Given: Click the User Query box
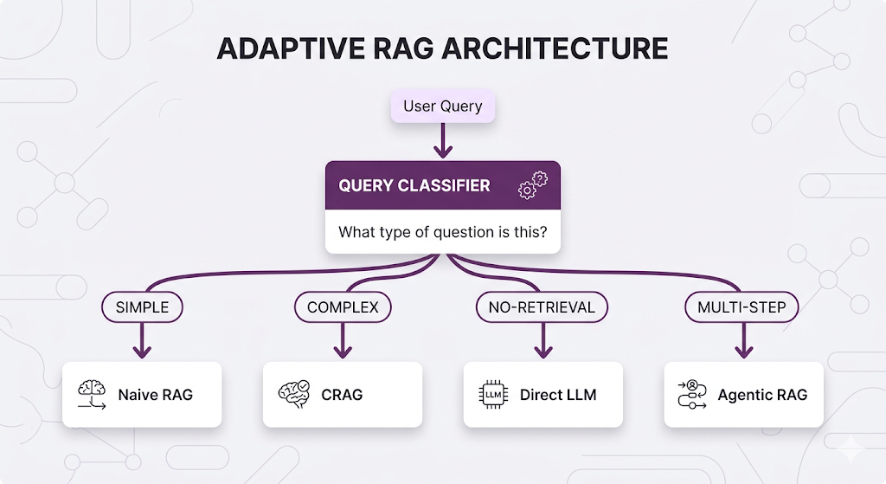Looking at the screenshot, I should click(x=442, y=107).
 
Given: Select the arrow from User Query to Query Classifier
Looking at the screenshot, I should click(x=442, y=141).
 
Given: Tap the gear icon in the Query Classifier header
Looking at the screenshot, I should click(x=532, y=186).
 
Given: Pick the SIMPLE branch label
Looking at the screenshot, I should click(x=142, y=307).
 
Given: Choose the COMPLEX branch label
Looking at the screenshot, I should click(x=343, y=307).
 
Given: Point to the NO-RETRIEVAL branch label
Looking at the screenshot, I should click(x=542, y=307).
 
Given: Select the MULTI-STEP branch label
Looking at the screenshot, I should click(x=742, y=307).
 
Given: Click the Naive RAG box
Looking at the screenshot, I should click(x=142, y=395).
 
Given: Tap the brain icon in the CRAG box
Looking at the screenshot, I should click(x=292, y=394).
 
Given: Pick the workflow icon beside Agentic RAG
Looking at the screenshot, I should click(x=691, y=395).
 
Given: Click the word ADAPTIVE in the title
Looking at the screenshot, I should click(x=283, y=48).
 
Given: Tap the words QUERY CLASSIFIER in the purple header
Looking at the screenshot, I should click(x=414, y=185).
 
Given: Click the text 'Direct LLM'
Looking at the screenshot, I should click(x=558, y=395).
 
